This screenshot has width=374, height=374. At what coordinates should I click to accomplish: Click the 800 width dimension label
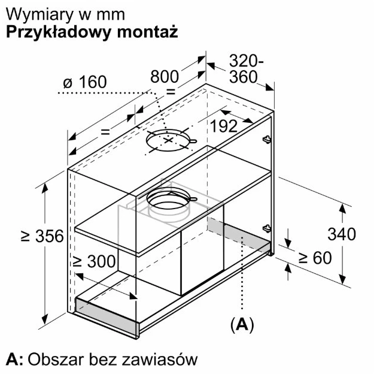[x=165, y=77]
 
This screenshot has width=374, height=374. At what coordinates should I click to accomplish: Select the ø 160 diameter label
[x=85, y=82]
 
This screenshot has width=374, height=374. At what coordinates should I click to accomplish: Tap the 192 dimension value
[x=224, y=126]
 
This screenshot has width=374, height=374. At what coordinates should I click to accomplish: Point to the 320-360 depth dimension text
[x=246, y=69]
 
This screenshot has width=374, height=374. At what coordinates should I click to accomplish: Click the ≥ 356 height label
[x=42, y=236]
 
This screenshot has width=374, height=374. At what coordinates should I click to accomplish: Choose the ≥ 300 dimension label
[x=94, y=261]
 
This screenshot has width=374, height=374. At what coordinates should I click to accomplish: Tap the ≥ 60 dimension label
[x=315, y=258]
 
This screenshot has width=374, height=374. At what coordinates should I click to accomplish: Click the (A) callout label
[x=242, y=324]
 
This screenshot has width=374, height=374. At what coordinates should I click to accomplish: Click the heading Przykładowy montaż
[x=92, y=32]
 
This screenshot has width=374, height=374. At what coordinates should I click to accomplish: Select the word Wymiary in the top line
[x=40, y=16]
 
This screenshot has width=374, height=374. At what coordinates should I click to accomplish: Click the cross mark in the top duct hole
[x=169, y=140]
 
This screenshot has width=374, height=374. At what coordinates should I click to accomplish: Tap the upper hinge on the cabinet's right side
[x=267, y=139]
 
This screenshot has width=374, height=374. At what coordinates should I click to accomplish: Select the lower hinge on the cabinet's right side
[x=267, y=228]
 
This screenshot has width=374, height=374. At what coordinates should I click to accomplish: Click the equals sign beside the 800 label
[x=171, y=91]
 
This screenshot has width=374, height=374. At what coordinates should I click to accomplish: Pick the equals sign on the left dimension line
[x=105, y=132]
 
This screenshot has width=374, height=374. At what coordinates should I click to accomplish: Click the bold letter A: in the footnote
[x=14, y=359]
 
